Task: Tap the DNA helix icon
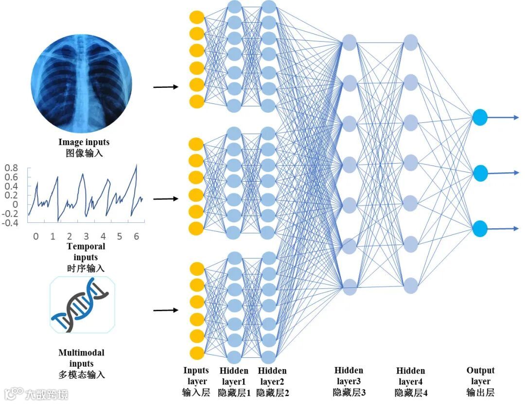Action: click(x=82, y=304)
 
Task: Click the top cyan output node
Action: click(x=480, y=117)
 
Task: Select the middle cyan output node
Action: click(x=480, y=173)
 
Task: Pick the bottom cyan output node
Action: click(x=480, y=228)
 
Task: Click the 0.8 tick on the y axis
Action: click(x=12, y=168)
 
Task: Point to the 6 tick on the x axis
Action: click(x=136, y=236)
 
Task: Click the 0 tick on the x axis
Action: click(x=35, y=236)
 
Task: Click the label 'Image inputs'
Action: click(x=84, y=142)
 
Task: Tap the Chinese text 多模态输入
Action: click(x=81, y=374)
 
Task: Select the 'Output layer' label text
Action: click(x=480, y=376)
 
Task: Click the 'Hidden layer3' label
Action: click(x=349, y=376)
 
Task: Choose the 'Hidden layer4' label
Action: click(x=411, y=376)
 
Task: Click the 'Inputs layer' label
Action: click(x=196, y=376)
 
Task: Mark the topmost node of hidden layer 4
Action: click(x=411, y=41)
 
